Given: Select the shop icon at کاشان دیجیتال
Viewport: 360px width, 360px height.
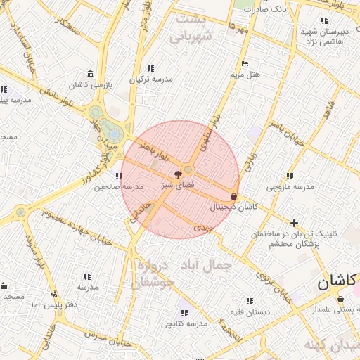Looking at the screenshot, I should pos(234,196).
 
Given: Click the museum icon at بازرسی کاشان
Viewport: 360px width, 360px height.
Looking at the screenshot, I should pos(90,74).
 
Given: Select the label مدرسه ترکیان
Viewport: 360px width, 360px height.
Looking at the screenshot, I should pos(150,79).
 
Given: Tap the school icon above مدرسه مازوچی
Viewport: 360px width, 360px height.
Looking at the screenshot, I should pos(288,176).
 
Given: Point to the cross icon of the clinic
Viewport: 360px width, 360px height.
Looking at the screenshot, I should pos(294,222).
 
